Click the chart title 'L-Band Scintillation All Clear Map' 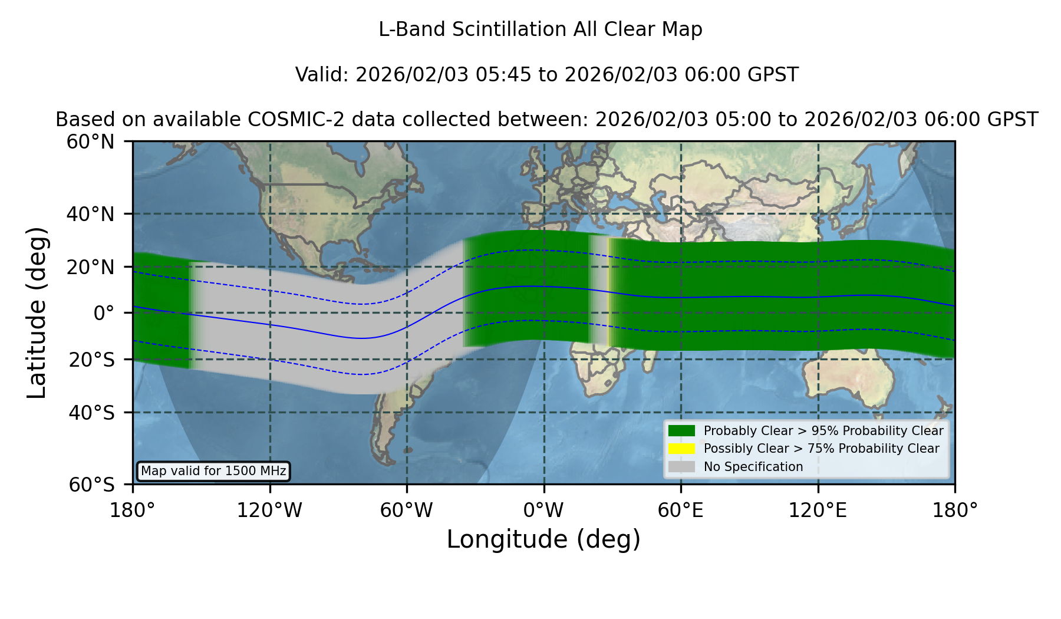[x=541, y=29]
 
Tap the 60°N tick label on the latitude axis [x=90, y=142]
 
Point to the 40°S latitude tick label [x=91, y=413]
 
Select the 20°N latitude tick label [x=90, y=268]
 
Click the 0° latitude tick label [x=104, y=313]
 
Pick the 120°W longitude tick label [x=269, y=511]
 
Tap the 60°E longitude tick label [x=681, y=511]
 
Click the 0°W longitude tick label [x=543, y=511]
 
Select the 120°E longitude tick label [x=818, y=511]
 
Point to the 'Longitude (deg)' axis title [x=543, y=539]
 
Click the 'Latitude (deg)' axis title [x=37, y=313]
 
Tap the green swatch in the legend [x=682, y=431]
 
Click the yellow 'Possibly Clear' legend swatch [x=682, y=449]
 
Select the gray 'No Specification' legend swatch [x=682, y=467]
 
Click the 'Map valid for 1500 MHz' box [x=213, y=471]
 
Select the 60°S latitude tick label [x=91, y=485]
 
